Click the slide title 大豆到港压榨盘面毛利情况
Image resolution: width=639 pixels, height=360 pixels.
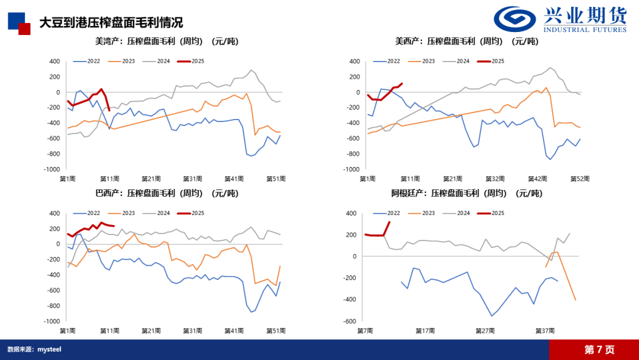111,22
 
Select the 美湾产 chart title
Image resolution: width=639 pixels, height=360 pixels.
166,41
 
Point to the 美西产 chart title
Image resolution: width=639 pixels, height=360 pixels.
467,41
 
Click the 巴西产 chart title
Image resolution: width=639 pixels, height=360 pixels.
166,193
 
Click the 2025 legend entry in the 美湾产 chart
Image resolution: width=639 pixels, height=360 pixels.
195,61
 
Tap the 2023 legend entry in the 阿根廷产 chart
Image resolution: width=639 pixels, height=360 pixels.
424,213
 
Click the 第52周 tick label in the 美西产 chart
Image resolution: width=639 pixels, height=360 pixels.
579,178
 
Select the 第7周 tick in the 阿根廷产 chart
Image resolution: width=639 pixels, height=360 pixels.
365,330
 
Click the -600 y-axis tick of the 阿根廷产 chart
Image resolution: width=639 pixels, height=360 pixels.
350,322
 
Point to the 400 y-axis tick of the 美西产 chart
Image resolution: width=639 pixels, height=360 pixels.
354,62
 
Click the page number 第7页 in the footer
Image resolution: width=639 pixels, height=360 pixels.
599,349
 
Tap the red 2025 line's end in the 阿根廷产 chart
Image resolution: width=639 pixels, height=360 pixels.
389,222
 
